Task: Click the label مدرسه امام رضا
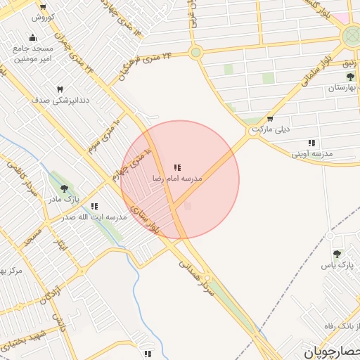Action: click(177, 179)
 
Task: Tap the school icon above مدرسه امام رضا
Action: click(177, 167)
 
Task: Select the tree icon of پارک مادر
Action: click(65, 188)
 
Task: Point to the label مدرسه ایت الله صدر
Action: click(94, 217)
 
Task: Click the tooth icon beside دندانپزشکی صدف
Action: click(60, 89)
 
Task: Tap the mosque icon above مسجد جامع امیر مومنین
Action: click(32, 38)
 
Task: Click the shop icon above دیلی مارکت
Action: click(270, 118)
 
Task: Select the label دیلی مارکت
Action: click(270, 130)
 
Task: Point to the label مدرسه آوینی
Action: click(311, 153)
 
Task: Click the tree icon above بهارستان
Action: click(339, 77)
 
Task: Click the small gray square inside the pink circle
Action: click(187, 206)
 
